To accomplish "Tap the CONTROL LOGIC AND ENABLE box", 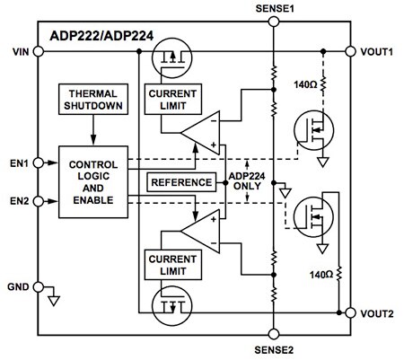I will click(x=93, y=180).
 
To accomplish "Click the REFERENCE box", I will click(x=180, y=182).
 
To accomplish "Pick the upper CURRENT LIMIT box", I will click(x=175, y=98).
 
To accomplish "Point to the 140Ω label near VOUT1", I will click(x=303, y=84).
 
